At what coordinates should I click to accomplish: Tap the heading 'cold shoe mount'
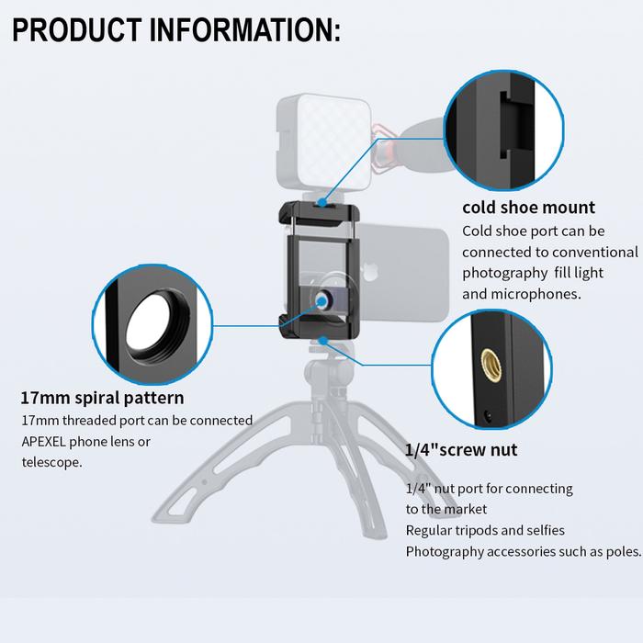click(528, 207)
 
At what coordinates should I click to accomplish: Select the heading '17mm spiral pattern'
click(102, 398)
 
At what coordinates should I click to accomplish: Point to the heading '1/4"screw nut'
click(461, 449)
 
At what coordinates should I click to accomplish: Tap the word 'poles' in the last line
click(620, 551)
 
